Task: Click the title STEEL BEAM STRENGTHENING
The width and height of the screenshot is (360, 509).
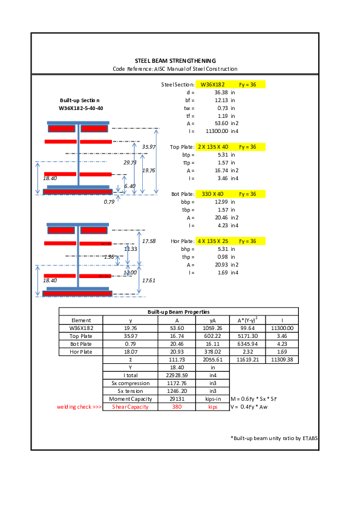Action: click(175, 61)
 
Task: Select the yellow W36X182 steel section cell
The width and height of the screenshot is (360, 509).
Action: click(212, 85)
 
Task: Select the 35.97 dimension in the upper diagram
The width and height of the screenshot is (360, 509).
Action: click(148, 147)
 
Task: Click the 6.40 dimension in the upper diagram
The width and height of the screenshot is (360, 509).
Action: click(129, 186)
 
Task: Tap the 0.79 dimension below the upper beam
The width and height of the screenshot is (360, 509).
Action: click(109, 201)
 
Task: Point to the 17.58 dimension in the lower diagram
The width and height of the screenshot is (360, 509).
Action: click(148, 241)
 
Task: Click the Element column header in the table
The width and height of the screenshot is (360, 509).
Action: click(81, 320)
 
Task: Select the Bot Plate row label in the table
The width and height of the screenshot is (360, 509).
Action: click(81, 343)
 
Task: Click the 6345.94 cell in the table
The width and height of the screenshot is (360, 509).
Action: click(249, 343)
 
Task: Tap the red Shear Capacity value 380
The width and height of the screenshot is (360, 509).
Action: click(176, 407)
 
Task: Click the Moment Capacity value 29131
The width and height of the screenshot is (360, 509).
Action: click(176, 399)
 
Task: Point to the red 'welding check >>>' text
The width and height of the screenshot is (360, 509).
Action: click(79, 407)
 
